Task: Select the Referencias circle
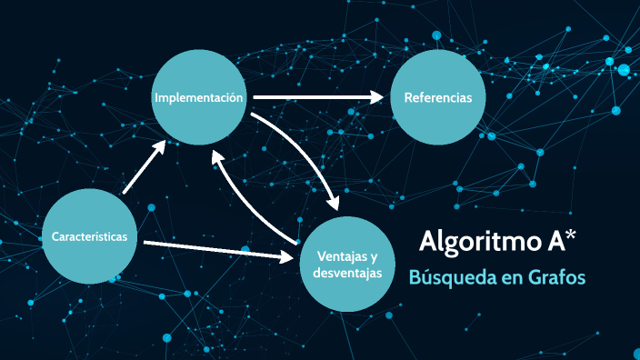(438, 97)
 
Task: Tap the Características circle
(90, 237)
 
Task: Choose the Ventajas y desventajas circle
(341, 264)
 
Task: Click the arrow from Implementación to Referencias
(318, 96)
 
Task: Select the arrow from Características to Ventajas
(223, 248)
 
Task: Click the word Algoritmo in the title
(474, 241)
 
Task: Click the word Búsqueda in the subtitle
(450, 277)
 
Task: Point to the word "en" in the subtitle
(505, 278)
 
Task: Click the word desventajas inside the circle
(341, 273)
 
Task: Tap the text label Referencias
(438, 97)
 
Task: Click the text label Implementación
(199, 97)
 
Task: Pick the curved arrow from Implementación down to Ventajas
(309, 150)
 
